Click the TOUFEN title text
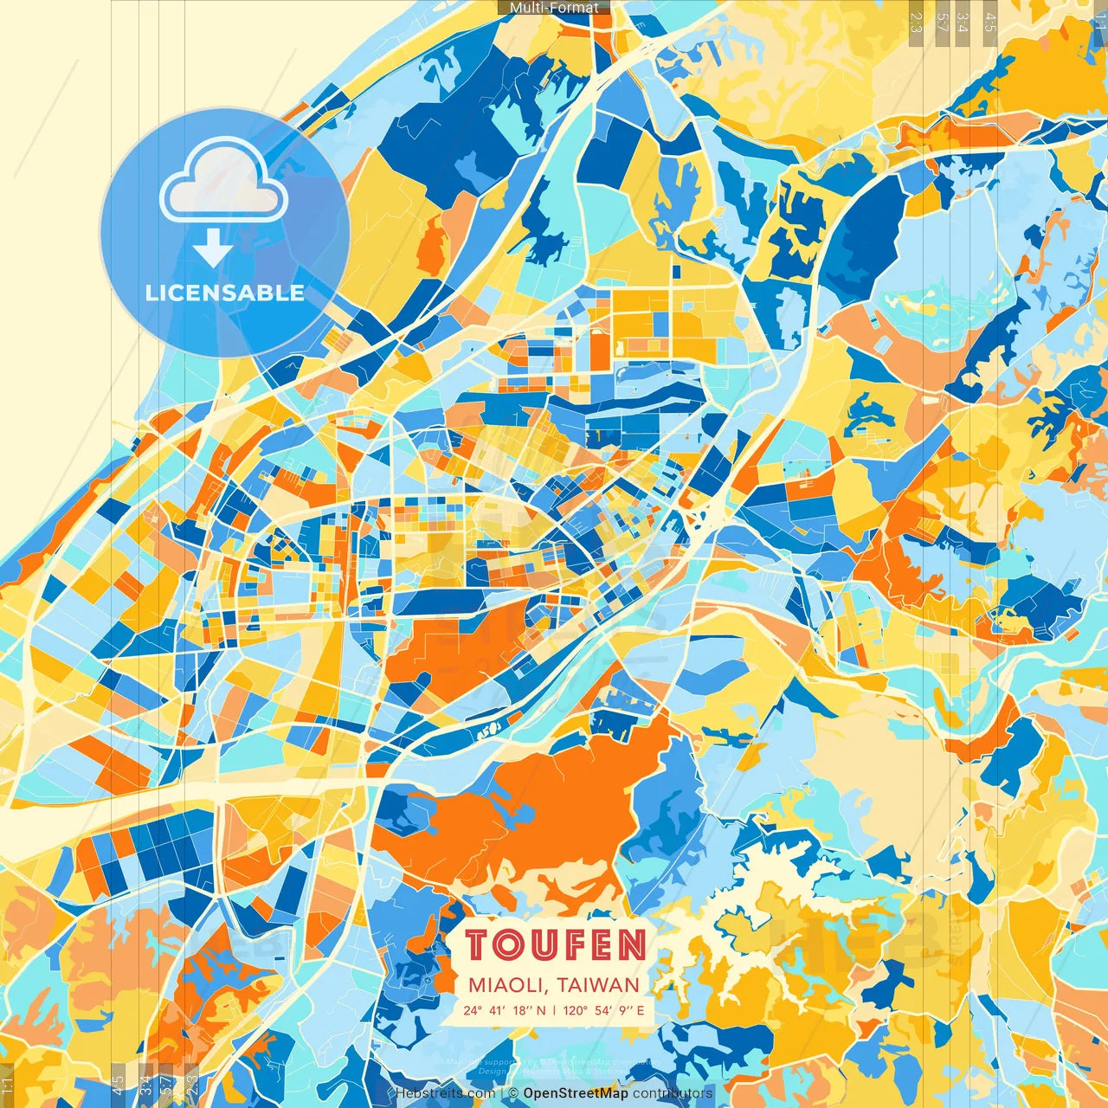555,944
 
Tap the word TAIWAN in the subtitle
598,985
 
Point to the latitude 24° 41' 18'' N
505,1010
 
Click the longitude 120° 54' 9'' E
603,1010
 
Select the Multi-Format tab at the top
554,8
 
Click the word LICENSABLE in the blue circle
225,293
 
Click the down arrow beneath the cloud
212,248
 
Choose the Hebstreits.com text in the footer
445,1093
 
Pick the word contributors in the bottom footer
673,1093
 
